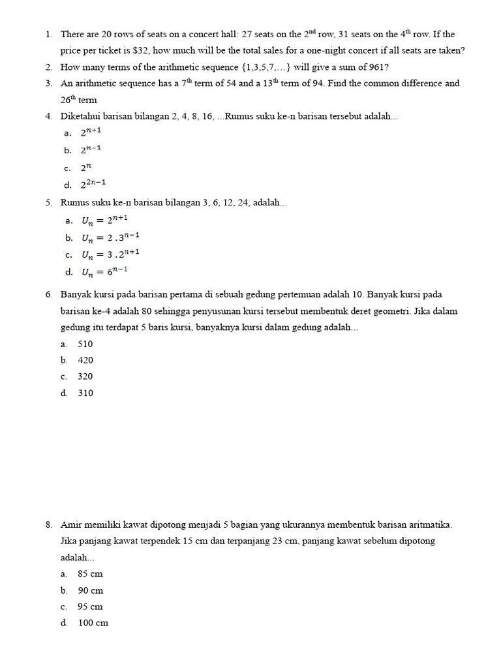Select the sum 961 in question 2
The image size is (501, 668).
point(376,67)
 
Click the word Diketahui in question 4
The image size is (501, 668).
point(81,116)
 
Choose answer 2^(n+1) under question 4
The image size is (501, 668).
point(91,133)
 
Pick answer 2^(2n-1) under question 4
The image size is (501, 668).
point(93,185)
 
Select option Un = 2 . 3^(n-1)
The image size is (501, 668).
point(110,237)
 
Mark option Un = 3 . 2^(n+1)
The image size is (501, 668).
point(110,254)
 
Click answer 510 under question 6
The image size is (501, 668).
point(85,344)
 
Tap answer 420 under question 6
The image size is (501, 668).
point(85,360)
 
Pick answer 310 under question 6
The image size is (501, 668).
point(85,393)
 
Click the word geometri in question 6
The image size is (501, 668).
point(391,311)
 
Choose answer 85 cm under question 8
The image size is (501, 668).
point(90,574)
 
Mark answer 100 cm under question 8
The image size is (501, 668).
point(93,623)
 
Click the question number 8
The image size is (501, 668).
point(49,524)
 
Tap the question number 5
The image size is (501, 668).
point(49,203)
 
